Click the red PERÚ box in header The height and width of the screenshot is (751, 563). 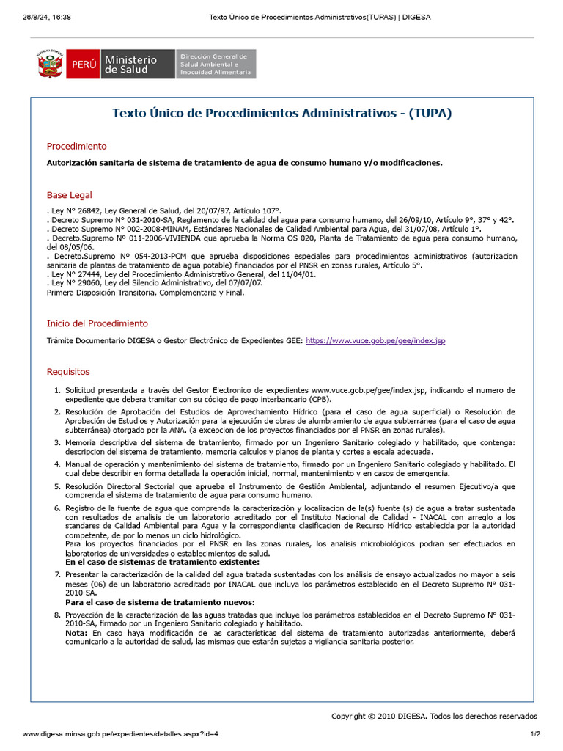tap(82, 65)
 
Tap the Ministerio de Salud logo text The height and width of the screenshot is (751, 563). tap(130, 65)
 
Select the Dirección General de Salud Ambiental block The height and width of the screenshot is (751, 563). tap(216, 65)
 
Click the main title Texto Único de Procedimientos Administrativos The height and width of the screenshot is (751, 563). tap(281, 113)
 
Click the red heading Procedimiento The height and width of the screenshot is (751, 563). tap(76, 146)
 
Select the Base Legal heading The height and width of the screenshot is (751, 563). tap(70, 195)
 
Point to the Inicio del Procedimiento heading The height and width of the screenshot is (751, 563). tap(97, 323)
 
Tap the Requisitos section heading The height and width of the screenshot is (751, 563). tap(68, 372)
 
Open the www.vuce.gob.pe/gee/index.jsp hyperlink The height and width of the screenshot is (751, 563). tap(375, 341)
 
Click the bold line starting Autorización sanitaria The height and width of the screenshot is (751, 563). tap(245, 163)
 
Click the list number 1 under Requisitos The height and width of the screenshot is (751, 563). tap(57, 390)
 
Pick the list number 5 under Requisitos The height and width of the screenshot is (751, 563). tap(57, 486)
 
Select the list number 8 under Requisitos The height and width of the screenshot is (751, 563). tap(57, 615)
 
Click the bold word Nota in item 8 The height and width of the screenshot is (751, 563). tap(76, 632)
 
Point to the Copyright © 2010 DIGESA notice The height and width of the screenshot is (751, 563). tap(434, 717)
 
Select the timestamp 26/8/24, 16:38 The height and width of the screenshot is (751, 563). tap(45, 17)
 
